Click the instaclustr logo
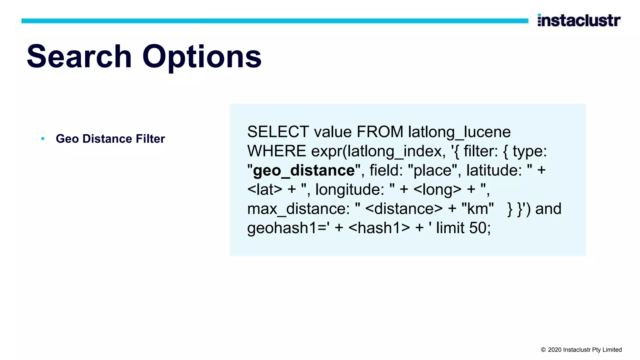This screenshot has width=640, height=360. pyautogui.click(x=579, y=21)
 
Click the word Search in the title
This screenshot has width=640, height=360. pyautogui.click(x=79, y=57)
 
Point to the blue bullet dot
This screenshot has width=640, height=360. pyautogui.click(x=43, y=138)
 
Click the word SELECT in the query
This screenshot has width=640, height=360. pyautogui.click(x=278, y=132)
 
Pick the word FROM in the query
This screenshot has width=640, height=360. pyautogui.click(x=380, y=132)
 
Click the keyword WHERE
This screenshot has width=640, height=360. pyautogui.click(x=277, y=151)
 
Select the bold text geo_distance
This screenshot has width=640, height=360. pyautogui.click(x=304, y=171)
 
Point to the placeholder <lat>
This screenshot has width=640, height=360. pyautogui.click(x=265, y=190)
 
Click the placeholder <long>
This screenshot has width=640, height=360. pyautogui.click(x=437, y=190)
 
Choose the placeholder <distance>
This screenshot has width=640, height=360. pyautogui.click(x=404, y=209)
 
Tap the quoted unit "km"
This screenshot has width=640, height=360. pyautogui.click(x=477, y=209)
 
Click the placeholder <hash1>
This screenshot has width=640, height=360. pyautogui.click(x=379, y=228)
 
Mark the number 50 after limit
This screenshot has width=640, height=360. pyautogui.click(x=478, y=228)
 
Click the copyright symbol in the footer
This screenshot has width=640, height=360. pyautogui.click(x=543, y=350)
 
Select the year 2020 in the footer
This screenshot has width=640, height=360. pyautogui.click(x=555, y=350)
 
